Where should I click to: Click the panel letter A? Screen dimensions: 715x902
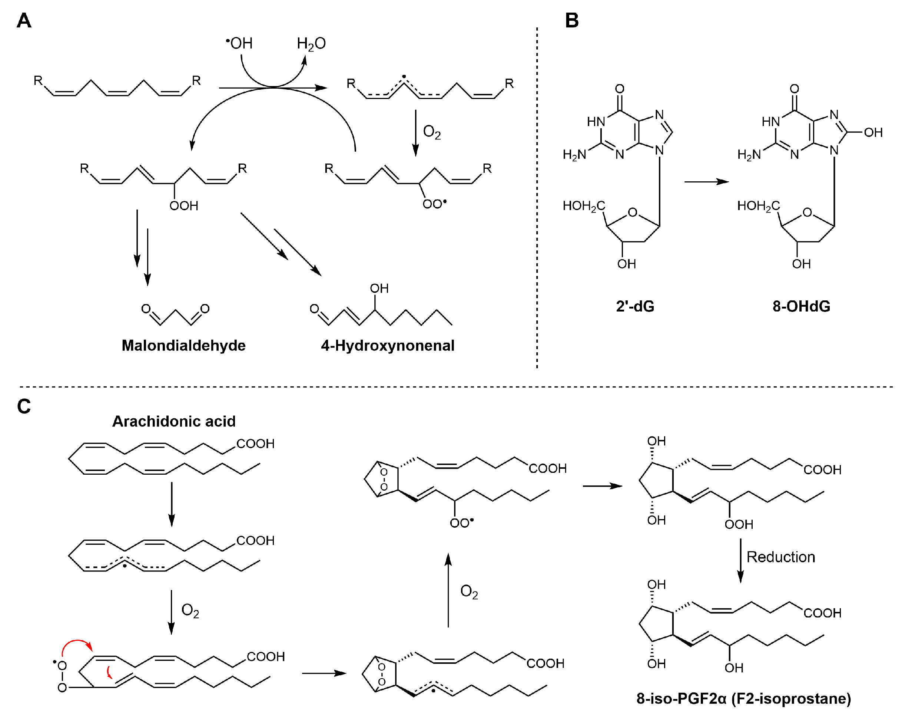point(24,20)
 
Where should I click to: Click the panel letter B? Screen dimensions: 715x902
point(571,20)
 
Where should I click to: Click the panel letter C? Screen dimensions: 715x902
point(24,406)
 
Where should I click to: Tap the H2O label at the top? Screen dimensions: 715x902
point(311,43)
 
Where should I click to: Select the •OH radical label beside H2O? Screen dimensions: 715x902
point(239,43)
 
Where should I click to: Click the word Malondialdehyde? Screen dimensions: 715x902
point(184,345)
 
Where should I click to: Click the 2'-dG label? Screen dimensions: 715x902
point(635,306)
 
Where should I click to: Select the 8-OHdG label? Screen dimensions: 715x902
point(801,306)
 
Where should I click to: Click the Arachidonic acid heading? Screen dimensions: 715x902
point(174,421)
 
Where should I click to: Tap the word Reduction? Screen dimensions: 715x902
point(781,557)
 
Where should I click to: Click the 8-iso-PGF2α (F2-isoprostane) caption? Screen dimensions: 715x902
point(743,698)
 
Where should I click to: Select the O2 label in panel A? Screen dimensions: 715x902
point(432,132)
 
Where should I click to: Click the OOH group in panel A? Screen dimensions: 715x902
point(184,205)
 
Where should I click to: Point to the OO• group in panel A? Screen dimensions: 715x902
point(434,204)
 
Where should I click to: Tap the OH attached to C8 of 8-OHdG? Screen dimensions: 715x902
point(873,133)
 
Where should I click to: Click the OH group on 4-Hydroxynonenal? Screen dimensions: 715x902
point(379,289)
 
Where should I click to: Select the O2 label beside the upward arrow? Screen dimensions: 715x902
point(469,592)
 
